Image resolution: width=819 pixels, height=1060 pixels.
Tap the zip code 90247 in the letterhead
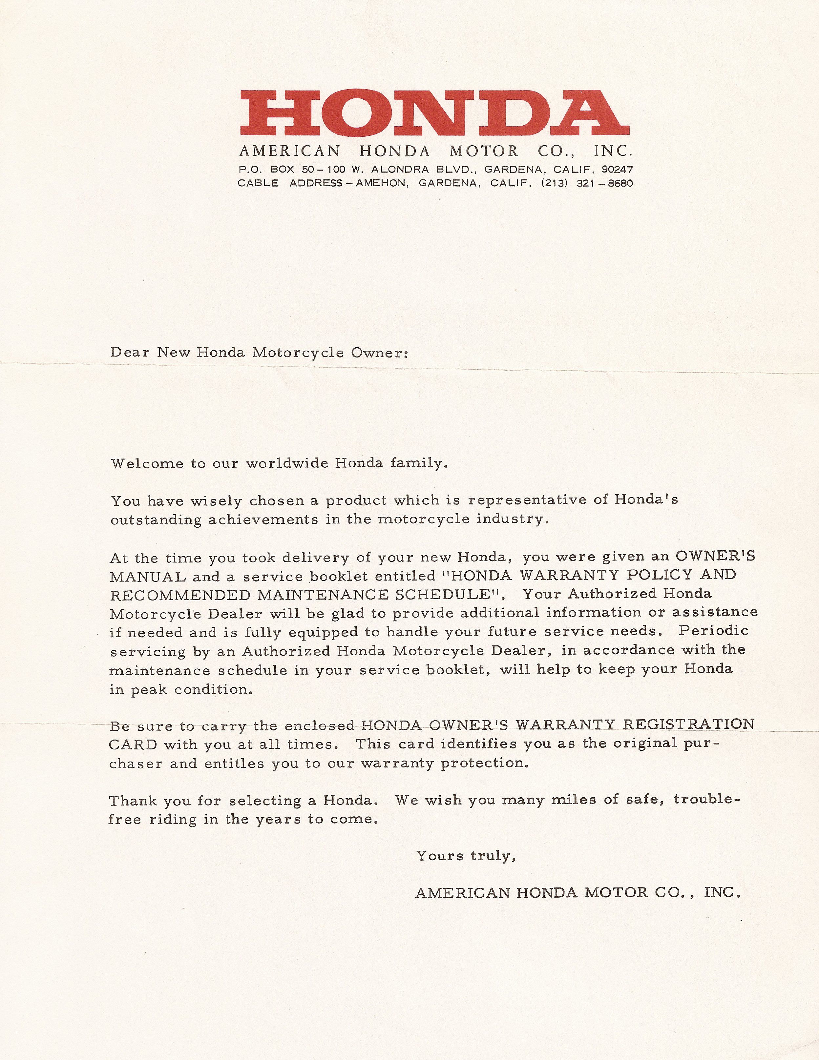pyautogui.click(x=617, y=170)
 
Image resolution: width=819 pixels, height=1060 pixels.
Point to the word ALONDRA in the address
pyautogui.click(x=400, y=170)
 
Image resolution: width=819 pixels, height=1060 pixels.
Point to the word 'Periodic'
pyautogui.click(x=713, y=631)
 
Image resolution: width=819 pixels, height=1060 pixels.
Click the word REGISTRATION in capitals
pyautogui.click(x=688, y=724)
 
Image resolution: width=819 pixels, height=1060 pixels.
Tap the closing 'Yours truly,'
pyautogui.click(x=466, y=856)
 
